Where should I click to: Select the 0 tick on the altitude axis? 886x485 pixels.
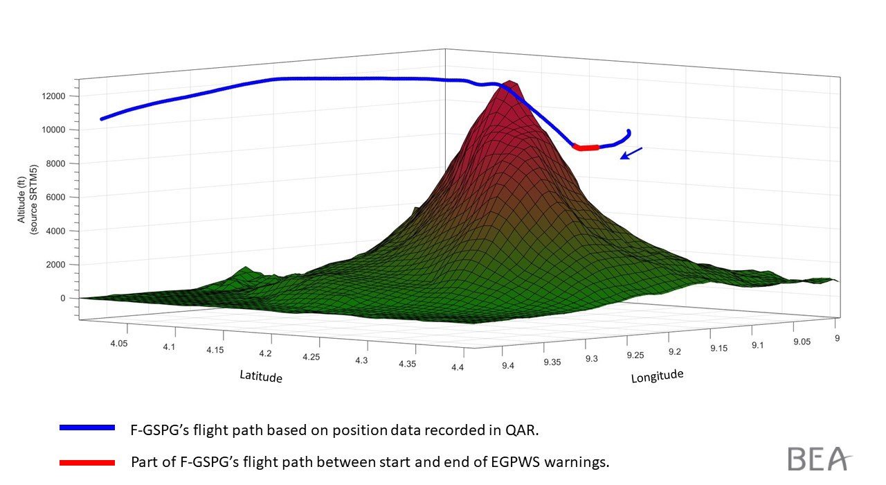pyautogui.click(x=62, y=298)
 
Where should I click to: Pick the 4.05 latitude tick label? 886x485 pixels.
pyautogui.click(x=119, y=343)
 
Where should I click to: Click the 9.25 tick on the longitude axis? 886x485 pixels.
pyautogui.click(x=635, y=355)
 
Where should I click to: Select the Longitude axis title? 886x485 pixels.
pyautogui.click(x=657, y=376)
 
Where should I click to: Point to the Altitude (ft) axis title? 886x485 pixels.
pyautogui.click(x=26, y=197)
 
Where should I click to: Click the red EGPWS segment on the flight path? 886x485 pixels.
pyautogui.click(x=586, y=148)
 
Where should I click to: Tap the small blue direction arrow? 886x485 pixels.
pyautogui.click(x=631, y=153)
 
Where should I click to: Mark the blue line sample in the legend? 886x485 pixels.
pyautogui.click(x=87, y=428)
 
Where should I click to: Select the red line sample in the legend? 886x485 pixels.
pyautogui.click(x=87, y=461)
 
